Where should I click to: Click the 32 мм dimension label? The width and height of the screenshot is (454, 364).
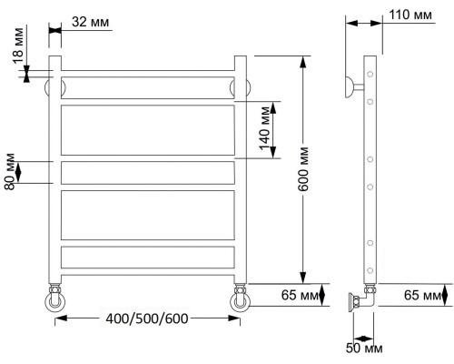(x=90, y=22)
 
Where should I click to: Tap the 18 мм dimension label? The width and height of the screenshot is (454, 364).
(x=18, y=45)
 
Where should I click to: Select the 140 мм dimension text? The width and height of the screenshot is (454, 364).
(x=264, y=128)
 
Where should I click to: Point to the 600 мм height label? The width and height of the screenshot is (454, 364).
(x=302, y=169)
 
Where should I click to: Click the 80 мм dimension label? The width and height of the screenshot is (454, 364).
(x=10, y=172)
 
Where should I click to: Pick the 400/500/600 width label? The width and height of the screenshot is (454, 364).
(x=147, y=318)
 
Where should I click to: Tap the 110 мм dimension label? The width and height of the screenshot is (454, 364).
(x=410, y=15)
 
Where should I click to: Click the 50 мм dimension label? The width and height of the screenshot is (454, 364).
(x=364, y=349)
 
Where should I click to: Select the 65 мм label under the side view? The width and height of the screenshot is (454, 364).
(x=422, y=295)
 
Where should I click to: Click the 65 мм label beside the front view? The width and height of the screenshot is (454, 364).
(x=300, y=295)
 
